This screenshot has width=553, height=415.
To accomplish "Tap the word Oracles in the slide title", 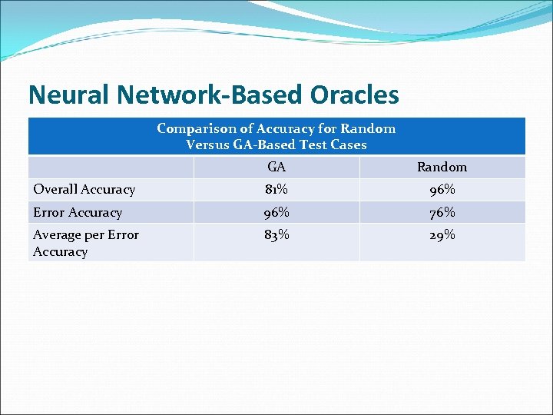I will pyautogui.click(x=355, y=95).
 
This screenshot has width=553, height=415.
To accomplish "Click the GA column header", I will pyautogui.click(x=276, y=167).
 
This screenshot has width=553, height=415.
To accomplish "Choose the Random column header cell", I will pyautogui.click(x=442, y=167).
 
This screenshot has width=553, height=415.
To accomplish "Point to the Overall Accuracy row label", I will pyautogui.click(x=84, y=189).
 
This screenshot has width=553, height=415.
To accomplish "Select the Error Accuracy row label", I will pyautogui.click(x=78, y=212).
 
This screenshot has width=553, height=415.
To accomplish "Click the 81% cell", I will pyautogui.click(x=276, y=189).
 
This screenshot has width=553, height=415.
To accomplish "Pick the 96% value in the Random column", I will pyautogui.click(x=442, y=189).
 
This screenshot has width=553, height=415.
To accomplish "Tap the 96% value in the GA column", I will pyautogui.click(x=276, y=212).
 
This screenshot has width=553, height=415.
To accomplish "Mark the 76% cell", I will pyautogui.click(x=442, y=212).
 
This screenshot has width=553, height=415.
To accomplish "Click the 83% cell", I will pyautogui.click(x=276, y=235).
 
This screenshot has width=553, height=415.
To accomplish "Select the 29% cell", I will pyautogui.click(x=442, y=235).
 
